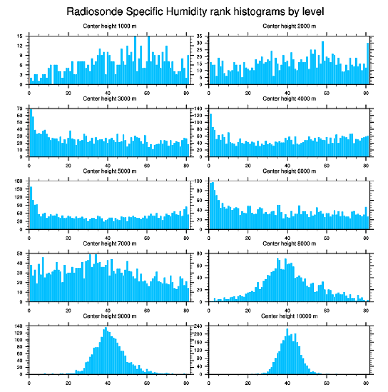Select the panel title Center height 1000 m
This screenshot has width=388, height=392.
[109, 26]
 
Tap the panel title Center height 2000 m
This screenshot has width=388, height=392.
[289, 26]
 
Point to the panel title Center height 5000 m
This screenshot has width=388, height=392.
[109, 171]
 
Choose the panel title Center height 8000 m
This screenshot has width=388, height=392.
[289, 244]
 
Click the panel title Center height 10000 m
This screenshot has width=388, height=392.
[289, 316]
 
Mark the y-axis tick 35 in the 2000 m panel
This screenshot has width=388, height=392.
[201, 36]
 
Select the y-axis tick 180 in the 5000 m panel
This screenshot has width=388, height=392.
[19, 181]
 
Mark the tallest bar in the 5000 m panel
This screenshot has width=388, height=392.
[31, 207]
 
